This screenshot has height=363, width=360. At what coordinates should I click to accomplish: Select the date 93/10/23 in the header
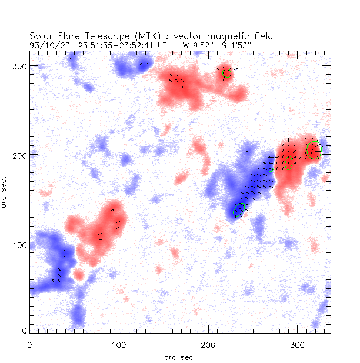(x=48, y=44)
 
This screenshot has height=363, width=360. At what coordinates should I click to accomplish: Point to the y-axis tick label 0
(x=24, y=333)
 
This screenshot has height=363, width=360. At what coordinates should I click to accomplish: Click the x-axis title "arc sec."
(x=180, y=357)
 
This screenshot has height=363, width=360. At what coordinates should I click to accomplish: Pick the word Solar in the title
(x=40, y=36)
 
